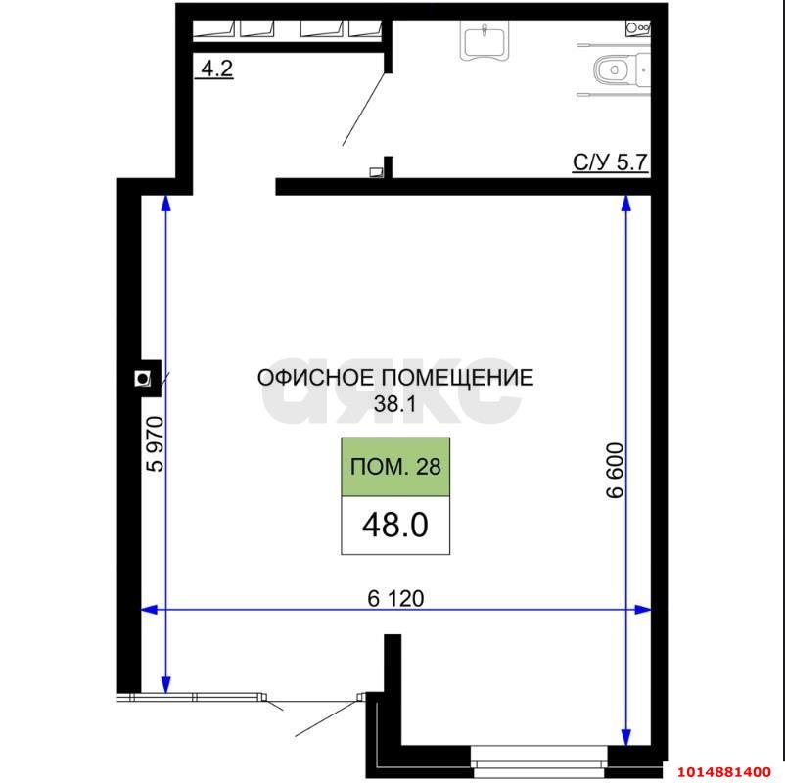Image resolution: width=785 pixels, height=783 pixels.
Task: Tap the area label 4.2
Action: coord(216,69)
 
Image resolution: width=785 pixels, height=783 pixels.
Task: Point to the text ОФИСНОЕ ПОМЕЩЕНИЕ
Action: coord(394,378)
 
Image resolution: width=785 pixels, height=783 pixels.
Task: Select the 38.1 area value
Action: coord(394,402)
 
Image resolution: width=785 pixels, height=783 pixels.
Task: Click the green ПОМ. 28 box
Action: coord(394,467)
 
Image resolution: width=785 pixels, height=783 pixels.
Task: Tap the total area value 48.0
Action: coord(394,525)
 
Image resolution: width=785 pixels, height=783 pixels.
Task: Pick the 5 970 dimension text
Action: coord(154,445)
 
